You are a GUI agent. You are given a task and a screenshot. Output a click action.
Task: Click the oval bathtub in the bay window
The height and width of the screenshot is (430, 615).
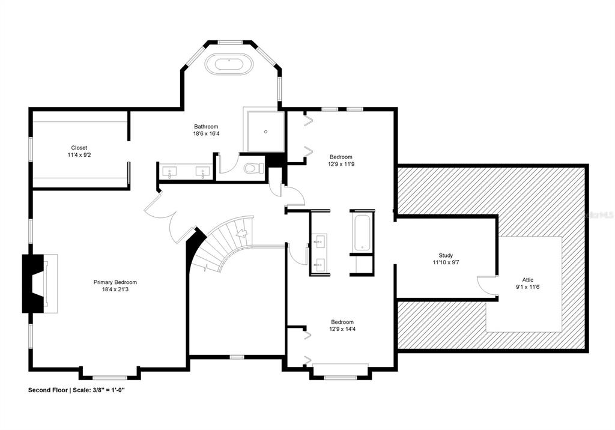[x=229, y=64]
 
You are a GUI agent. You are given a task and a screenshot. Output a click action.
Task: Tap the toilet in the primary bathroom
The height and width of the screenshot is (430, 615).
[x=254, y=168]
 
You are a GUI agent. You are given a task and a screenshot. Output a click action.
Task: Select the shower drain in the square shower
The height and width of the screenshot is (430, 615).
[x=266, y=132]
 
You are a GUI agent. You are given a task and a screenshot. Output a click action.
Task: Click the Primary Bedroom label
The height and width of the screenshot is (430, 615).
[x=115, y=282]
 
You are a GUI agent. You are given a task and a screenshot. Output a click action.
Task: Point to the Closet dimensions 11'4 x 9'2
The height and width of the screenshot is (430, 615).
[x=79, y=155]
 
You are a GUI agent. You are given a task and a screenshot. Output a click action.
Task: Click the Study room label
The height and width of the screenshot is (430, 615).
[x=446, y=255]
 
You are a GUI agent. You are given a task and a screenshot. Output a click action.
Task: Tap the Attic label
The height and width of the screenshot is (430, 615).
[x=527, y=280]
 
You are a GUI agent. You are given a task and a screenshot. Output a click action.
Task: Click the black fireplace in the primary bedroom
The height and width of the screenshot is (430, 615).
[x=33, y=283]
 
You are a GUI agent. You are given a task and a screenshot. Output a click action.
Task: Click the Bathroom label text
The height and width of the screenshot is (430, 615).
[x=206, y=126]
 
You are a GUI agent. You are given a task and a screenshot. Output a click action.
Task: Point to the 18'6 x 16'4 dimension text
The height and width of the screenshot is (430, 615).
[x=206, y=133]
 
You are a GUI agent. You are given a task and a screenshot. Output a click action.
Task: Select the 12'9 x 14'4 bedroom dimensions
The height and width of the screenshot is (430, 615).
[x=342, y=329]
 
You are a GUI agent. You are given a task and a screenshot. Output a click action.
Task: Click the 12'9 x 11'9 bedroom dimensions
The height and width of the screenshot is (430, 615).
[x=341, y=164]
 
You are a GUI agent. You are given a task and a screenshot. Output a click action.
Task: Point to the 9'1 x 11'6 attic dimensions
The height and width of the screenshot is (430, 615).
[x=527, y=287]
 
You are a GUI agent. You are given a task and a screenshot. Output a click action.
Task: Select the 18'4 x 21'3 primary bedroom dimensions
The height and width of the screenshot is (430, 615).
[x=115, y=289]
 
